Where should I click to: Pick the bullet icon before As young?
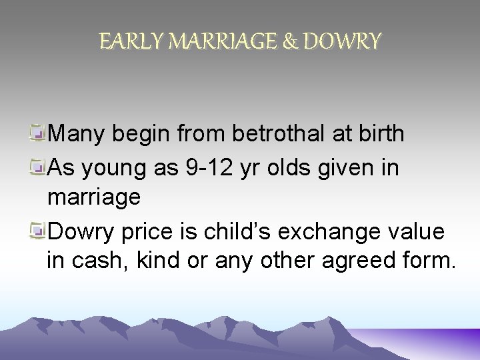point(39,168)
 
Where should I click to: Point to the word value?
point(418,231)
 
